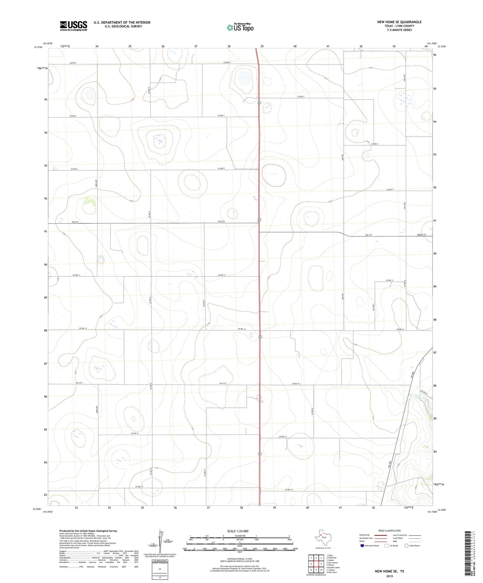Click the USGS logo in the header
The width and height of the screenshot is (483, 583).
[x=74, y=25]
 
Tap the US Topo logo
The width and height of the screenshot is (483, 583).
[x=240, y=27]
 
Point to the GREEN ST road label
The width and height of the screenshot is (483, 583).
[x=421, y=235]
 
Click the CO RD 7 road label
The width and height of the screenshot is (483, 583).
[x=389, y=190]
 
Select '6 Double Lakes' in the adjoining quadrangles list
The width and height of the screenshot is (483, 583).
[x=334, y=567]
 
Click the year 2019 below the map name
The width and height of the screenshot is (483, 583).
[x=389, y=576]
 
